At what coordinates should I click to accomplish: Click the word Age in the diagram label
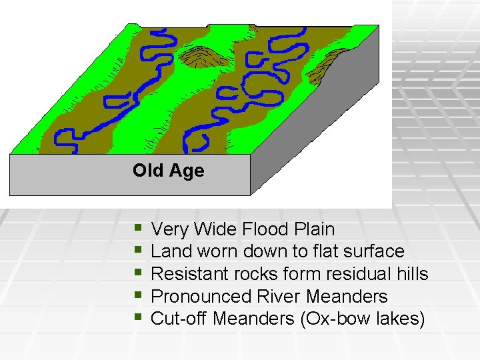187,171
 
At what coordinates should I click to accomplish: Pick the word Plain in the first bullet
313,229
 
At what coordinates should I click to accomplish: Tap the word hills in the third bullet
409,274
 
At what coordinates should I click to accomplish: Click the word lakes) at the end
399,319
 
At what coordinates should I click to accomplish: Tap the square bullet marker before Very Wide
137,228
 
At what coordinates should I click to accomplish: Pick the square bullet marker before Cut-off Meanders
137,317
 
